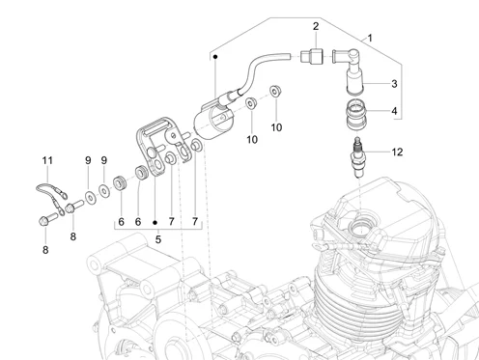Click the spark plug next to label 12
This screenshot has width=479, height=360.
pos(358,157)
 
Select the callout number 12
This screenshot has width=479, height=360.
pos(397,152)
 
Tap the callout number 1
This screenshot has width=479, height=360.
pos(370,38)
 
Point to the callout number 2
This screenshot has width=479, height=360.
pos(316,26)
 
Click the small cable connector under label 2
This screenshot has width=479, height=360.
pos(311,56)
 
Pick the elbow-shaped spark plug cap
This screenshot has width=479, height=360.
pos(350,70)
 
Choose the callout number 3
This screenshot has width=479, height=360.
pos(394,84)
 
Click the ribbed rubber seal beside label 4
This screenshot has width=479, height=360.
pos(356,115)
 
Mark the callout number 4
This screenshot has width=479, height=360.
pos(394,111)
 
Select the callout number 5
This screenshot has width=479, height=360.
pos(158,239)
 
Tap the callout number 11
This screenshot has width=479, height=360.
pos(47,160)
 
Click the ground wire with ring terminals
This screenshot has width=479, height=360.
pos(51,196)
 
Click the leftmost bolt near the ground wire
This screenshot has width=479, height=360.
pos(47,220)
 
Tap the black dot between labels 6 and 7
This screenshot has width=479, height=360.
pos(155,222)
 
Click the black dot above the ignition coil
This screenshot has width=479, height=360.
pos(215,57)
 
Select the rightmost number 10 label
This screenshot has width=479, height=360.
pos(276,127)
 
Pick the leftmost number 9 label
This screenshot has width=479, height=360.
pos(88,160)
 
